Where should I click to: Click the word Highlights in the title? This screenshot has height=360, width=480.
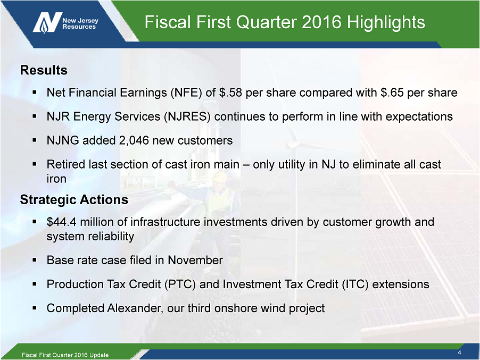[x=386, y=22]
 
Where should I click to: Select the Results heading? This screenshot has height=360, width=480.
[x=44, y=70]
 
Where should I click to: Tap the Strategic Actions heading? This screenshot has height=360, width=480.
[x=74, y=199]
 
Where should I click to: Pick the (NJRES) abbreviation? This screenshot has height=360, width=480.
[x=187, y=117]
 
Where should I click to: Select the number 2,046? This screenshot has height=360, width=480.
[x=134, y=141]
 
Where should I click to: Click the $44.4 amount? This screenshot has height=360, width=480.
[x=62, y=222]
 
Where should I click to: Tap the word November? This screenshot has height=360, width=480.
[x=195, y=260]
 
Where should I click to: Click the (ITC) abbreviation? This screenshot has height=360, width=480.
[x=355, y=284]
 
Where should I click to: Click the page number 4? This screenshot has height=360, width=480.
[x=459, y=353]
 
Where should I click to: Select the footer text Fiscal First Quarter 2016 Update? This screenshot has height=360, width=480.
[x=65, y=355]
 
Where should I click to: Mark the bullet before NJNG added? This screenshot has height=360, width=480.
[x=35, y=141]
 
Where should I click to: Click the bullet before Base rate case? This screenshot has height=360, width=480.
[x=35, y=260]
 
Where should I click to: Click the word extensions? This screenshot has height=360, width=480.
[x=401, y=284]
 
